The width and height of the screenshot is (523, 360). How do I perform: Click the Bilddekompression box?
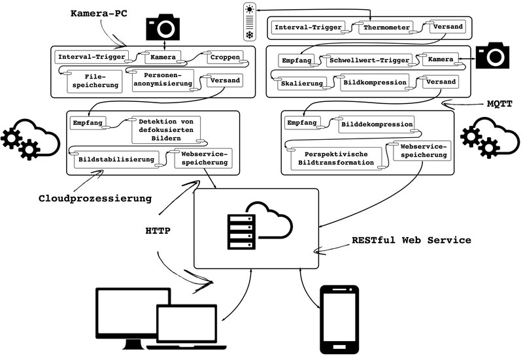point(377,123)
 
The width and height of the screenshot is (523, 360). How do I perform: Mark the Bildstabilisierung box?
point(116,159)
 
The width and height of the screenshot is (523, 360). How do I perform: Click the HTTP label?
point(158,230)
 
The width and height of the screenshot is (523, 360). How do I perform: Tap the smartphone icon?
point(339,319)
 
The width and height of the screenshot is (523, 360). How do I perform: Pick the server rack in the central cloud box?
point(239,231)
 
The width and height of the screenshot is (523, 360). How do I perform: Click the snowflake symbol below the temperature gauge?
point(250,33)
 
